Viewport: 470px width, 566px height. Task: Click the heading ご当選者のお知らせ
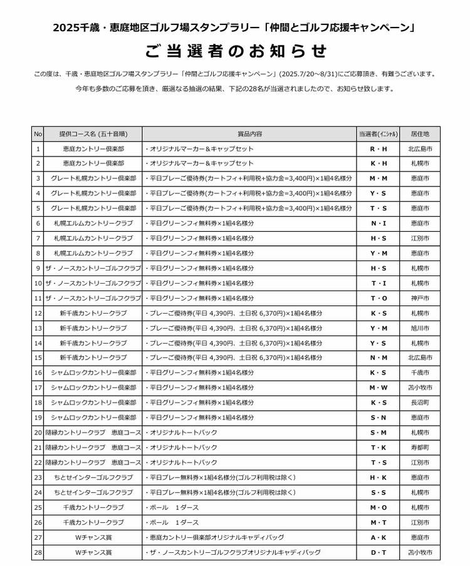(x=235, y=51)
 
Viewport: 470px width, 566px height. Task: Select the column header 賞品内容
(x=249, y=134)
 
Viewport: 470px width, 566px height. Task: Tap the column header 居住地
(x=419, y=134)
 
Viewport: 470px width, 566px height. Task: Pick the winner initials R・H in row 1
(x=379, y=149)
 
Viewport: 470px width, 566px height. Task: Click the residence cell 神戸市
(x=419, y=298)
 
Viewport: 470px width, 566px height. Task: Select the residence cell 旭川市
(x=419, y=328)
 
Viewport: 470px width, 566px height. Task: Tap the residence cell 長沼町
(x=419, y=403)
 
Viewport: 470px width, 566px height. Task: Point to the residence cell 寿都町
(x=419, y=448)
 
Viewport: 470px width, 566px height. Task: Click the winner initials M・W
(x=379, y=388)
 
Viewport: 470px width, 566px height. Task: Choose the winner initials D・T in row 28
(x=379, y=552)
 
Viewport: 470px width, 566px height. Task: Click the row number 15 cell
(x=38, y=358)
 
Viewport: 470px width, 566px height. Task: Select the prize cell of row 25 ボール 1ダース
(x=249, y=507)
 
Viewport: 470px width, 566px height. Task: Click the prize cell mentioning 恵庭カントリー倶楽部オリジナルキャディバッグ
(x=249, y=537)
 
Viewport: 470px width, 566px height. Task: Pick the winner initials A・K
(x=379, y=537)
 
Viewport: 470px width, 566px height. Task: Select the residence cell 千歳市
(x=419, y=373)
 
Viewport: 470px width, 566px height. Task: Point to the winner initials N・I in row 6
(x=379, y=224)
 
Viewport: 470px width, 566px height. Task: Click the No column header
(x=38, y=134)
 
